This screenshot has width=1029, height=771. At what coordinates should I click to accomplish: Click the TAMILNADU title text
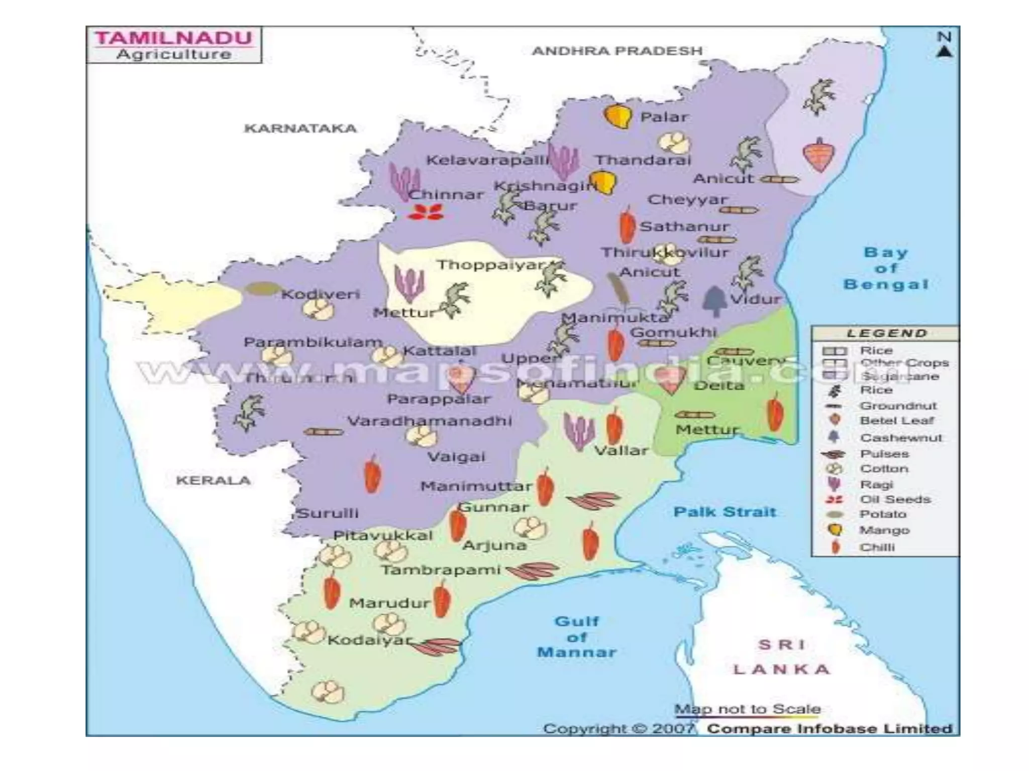pyautogui.click(x=174, y=38)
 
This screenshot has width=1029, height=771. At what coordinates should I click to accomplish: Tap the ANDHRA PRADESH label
pyautogui.click(x=617, y=51)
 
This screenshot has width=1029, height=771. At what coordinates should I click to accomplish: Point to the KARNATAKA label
pyautogui.click(x=300, y=128)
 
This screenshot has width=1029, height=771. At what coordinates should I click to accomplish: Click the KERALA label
pyautogui.click(x=213, y=480)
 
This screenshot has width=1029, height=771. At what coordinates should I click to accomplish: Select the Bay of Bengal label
pyautogui.click(x=886, y=268)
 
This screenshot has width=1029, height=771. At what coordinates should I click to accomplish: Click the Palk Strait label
pyautogui.click(x=725, y=512)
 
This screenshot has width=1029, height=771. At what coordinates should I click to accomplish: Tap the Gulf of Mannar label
pyautogui.click(x=576, y=636)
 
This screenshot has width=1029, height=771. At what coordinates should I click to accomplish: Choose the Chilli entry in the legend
pyautogui.click(x=877, y=547)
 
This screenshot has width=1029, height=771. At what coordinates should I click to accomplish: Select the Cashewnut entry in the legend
pyautogui.click(x=900, y=438)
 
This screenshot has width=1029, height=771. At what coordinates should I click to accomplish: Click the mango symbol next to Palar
pyautogui.click(x=618, y=116)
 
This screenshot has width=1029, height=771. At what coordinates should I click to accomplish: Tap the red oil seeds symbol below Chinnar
pyautogui.click(x=426, y=212)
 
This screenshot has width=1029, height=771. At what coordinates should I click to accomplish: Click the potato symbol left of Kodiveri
pyautogui.click(x=262, y=289)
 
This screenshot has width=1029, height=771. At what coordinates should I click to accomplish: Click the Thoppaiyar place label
pyautogui.click(x=490, y=265)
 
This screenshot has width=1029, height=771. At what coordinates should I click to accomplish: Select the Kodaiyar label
pyautogui.click(x=370, y=640)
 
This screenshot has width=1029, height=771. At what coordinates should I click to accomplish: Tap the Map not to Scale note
pyautogui.click(x=747, y=709)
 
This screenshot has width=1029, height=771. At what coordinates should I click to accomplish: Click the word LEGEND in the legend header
pyautogui.click(x=886, y=333)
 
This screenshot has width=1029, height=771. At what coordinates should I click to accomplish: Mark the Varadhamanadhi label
pyautogui.click(x=430, y=421)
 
